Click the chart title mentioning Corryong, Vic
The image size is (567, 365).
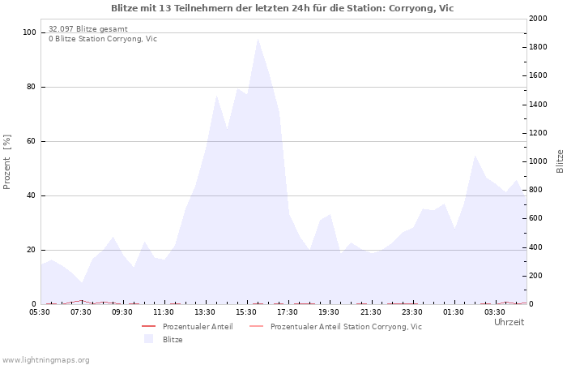pyautogui.click(x=283, y=8)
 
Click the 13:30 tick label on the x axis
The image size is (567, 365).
pyautogui.click(x=205, y=311)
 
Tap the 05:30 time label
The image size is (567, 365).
pyautogui.click(x=40, y=311)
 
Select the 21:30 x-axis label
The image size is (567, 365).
pyautogui.click(x=370, y=311)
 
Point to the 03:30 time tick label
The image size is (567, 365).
pyautogui.click(x=494, y=311)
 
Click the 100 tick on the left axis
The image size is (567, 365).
pyautogui.click(x=30, y=32)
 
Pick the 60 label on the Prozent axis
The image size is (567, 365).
pyautogui.click(x=32, y=141)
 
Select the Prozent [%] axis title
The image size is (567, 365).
pyautogui.click(x=7, y=162)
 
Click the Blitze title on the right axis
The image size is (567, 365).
pyautogui.click(x=560, y=161)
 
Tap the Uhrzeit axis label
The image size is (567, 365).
pyautogui.click(x=509, y=322)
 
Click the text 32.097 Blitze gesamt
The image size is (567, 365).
pyautogui.click(x=88, y=28)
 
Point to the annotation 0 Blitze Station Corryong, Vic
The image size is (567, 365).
pyautogui.click(x=103, y=38)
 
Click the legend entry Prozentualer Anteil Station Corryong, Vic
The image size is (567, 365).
pyautogui.click(x=346, y=327)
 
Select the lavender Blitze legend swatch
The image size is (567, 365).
pyautogui.click(x=148, y=339)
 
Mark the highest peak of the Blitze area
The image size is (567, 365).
pyautogui.click(x=258, y=38)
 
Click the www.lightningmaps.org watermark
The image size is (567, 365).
pyautogui.click(x=45, y=359)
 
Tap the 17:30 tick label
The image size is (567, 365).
pyautogui.click(x=288, y=311)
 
